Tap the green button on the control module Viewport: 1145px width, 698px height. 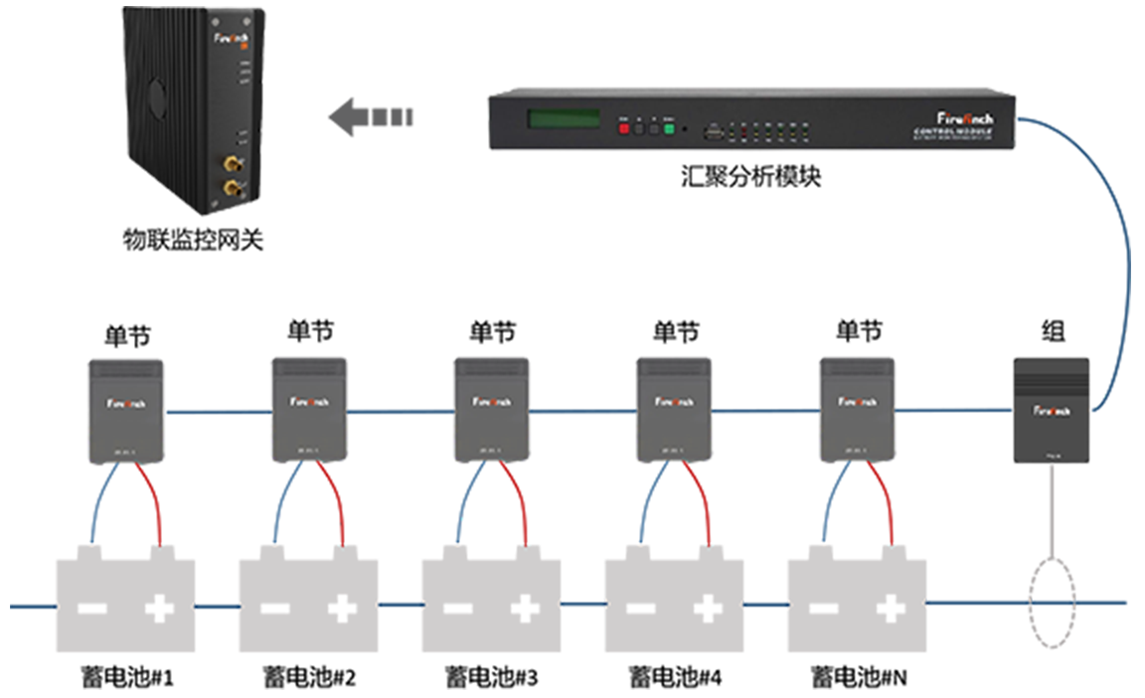click(669, 128)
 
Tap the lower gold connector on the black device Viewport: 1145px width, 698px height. click(233, 186)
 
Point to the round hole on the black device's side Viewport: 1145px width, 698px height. click(157, 96)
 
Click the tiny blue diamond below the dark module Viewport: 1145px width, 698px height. click(1051, 603)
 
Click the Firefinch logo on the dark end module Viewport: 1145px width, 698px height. click(1052, 410)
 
